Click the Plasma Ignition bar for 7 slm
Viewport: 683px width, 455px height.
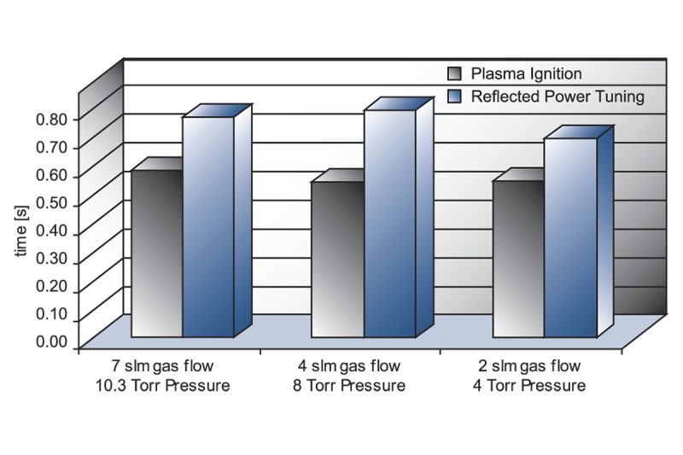[157, 254]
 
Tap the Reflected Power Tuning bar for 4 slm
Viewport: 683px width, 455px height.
[389, 223]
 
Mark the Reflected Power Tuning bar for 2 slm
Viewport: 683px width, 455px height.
[570, 236]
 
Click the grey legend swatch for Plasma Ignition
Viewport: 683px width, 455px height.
[456, 73]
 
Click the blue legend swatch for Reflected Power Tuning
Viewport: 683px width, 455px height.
[456, 96]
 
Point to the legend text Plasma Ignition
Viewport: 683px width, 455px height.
[527, 73]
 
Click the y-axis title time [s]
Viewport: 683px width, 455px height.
[26, 233]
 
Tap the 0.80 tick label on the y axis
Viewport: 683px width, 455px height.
[51, 119]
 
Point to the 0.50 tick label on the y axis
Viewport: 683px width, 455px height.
[51, 205]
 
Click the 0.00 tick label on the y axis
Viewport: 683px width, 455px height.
[51, 342]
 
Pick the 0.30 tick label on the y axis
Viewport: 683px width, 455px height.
[51, 262]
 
